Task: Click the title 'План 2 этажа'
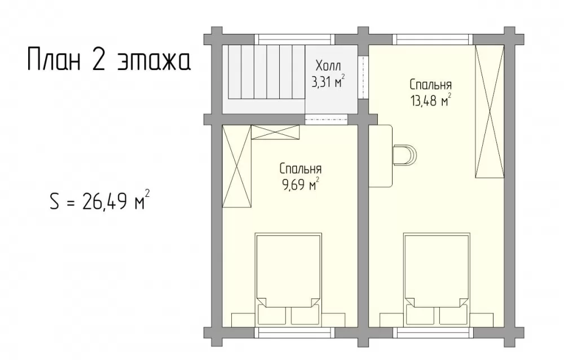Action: (x=109, y=59)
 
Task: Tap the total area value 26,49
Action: (x=104, y=201)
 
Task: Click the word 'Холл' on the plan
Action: (x=328, y=66)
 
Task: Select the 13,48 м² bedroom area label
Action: (x=430, y=100)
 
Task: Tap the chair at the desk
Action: (x=405, y=155)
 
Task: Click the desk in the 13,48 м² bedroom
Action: (x=381, y=156)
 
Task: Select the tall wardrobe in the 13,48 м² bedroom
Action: (x=489, y=111)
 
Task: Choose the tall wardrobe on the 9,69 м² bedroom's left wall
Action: (x=236, y=166)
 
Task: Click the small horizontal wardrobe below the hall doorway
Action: (x=275, y=132)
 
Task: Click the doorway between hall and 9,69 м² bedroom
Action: (x=326, y=119)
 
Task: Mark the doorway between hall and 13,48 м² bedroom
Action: (x=363, y=77)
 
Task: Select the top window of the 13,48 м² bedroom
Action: (x=433, y=39)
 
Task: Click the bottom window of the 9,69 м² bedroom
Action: (x=294, y=332)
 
